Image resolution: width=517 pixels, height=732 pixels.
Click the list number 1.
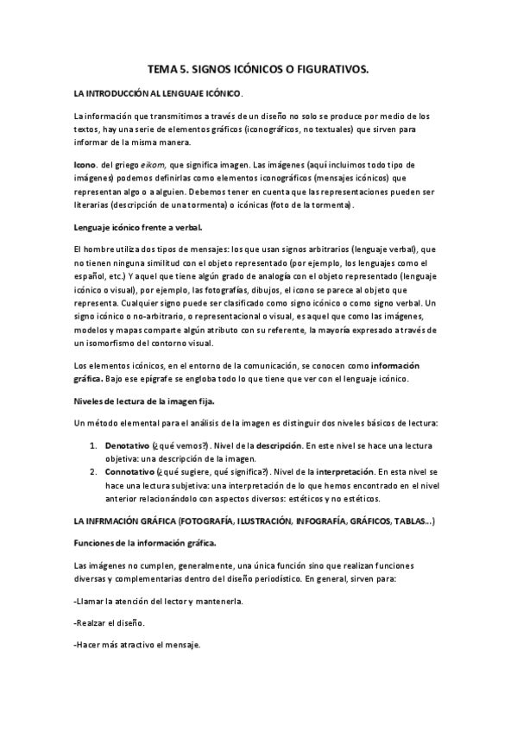93,445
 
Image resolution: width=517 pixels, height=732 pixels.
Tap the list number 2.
93,472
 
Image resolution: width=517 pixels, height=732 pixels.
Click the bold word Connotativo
129,472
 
